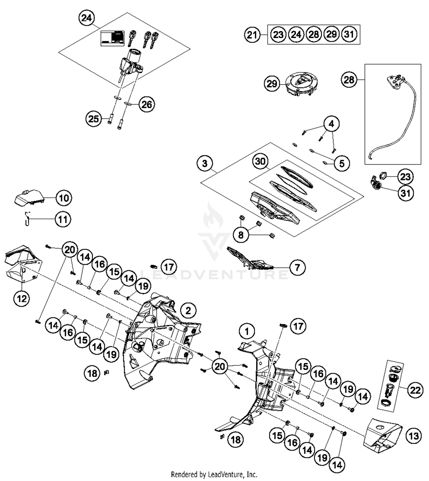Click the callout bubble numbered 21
[252, 35]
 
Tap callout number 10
[64, 198]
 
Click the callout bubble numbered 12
[22, 299]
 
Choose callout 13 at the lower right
[414, 436]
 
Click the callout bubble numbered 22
[415, 390]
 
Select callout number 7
[297, 267]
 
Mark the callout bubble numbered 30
[260, 161]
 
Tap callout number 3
[205, 163]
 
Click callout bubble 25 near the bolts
[94, 119]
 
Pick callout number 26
[147, 104]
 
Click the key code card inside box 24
[112, 38]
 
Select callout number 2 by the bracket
[188, 310]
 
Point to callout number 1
[247, 331]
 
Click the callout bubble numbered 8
[241, 235]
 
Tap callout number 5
[342, 163]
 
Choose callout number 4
[331, 124]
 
